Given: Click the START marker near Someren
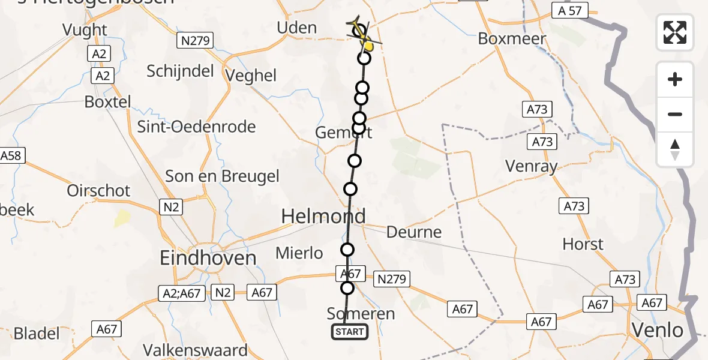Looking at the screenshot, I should coord(350,332).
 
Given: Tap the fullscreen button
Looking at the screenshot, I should coord(675,32).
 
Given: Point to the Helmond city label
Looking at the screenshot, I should coord(324,217).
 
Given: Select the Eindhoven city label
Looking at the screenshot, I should coord(208,258).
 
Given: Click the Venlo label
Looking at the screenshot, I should coord(657,330).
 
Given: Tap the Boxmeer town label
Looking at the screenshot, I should coord(512,39).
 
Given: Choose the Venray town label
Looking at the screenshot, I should coord(531,166).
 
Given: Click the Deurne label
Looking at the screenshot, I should coord(414,232).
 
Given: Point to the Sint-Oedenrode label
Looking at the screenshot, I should coord(196,127).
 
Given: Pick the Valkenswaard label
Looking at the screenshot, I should coord(195,350).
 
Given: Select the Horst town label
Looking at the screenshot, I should coord(583,244).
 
